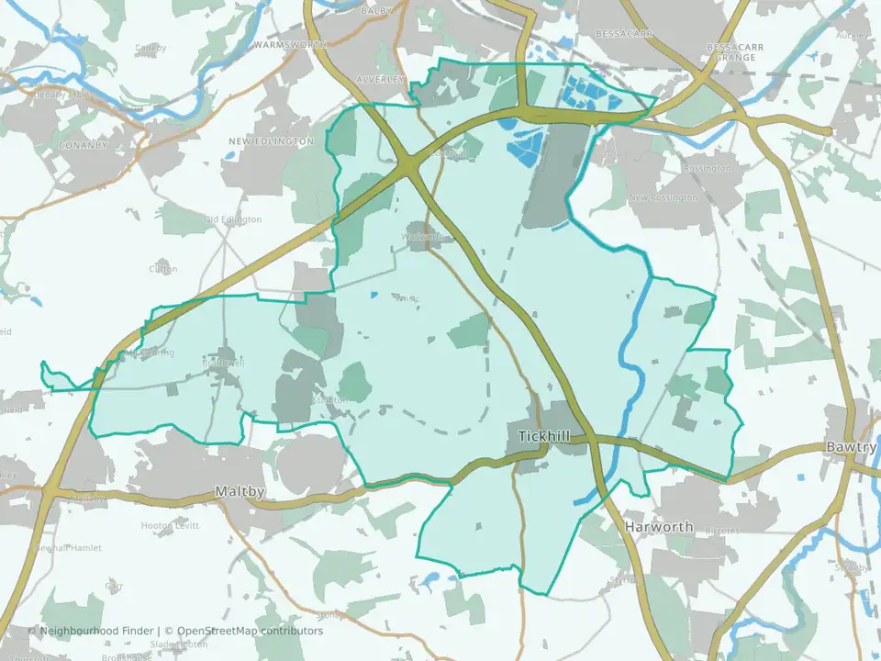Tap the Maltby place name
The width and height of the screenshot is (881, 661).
[x=240, y=491]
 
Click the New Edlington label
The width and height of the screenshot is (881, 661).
[x=271, y=141]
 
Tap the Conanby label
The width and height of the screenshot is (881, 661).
[x=83, y=145]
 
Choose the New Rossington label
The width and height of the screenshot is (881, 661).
[x=663, y=198]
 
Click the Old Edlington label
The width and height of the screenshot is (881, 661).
[x=232, y=219]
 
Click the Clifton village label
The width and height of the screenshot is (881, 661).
[x=163, y=269]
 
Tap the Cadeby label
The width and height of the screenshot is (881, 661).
[x=151, y=48]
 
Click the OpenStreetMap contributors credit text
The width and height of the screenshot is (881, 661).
[x=250, y=631]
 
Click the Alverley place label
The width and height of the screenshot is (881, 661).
[x=379, y=80]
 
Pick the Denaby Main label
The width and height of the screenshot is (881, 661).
[x=64, y=94]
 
